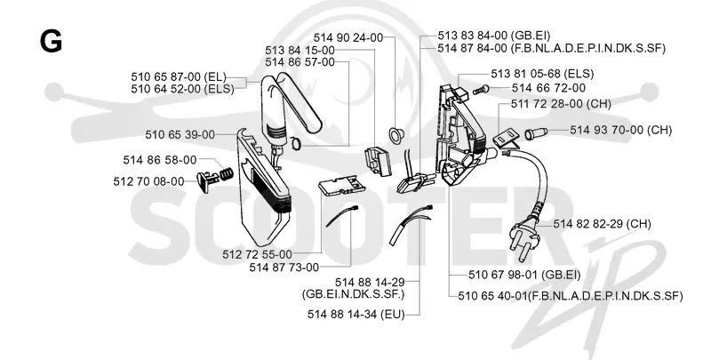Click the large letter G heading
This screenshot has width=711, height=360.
click(x=51, y=42)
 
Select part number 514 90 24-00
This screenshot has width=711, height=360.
click(x=348, y=37)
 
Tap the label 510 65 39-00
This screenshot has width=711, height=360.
click(x=180, y=134)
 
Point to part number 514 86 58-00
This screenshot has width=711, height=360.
click(x=160, y=160)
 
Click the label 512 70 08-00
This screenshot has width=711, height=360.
click(x=148, y=181)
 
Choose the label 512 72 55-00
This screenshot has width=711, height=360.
click(x=257, y=254)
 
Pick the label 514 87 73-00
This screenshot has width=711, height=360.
click(x=284, y=268)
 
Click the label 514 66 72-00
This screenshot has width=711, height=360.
click(x=548, y=88)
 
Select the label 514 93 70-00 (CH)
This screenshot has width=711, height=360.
click(x=620, y=130)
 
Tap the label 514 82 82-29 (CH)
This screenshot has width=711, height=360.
click(x=603, y=224)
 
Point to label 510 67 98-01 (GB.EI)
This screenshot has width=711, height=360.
click(x=524, y=275)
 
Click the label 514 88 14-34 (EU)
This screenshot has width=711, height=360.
click(x=356, y=314)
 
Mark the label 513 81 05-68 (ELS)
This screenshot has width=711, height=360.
click(x=542, y=74)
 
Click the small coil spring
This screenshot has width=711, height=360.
click(x=227, y=172)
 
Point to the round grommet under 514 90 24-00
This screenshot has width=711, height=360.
click(x=396, y=135)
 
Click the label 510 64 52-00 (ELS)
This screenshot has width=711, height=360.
click(x=183, y=89)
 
